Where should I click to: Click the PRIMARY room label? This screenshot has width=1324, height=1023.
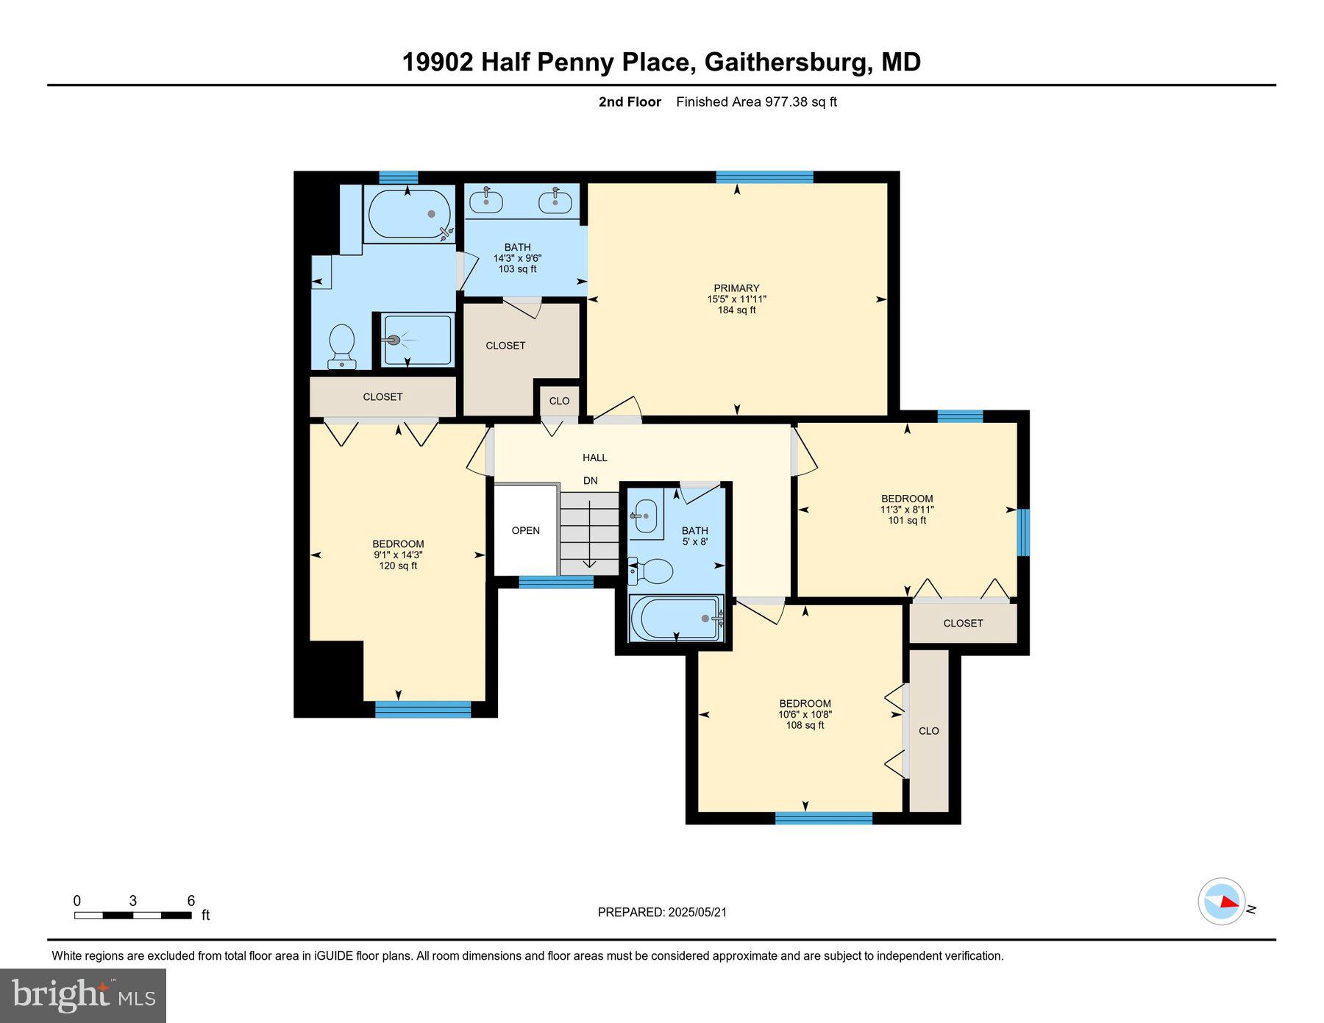736,288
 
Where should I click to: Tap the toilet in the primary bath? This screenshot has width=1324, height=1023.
342,346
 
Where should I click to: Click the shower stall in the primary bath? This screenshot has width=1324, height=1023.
416,340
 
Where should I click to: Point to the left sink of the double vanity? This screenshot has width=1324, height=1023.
486,200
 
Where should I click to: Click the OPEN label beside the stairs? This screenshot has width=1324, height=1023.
525,530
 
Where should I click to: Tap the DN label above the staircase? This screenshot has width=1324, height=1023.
590,481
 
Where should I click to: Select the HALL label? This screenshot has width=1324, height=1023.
594,457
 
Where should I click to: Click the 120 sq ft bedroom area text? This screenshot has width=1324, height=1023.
398,566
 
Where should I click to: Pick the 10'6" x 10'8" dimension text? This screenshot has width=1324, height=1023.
805,714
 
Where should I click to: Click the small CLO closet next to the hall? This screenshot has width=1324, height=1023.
559,401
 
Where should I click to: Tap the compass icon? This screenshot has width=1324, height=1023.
1222,901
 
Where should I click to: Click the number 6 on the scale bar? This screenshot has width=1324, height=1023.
191,901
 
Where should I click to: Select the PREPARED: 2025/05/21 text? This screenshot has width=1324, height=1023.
662,912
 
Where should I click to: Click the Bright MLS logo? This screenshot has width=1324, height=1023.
83,995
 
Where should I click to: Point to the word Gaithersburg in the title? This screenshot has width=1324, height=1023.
787,62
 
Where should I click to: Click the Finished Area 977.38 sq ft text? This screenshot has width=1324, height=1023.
756,102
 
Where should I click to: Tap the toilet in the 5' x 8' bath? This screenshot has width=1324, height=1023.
652,571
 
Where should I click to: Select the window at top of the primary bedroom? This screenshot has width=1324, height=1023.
764,177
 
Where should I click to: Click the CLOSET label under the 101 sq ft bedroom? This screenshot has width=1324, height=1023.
963,623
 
